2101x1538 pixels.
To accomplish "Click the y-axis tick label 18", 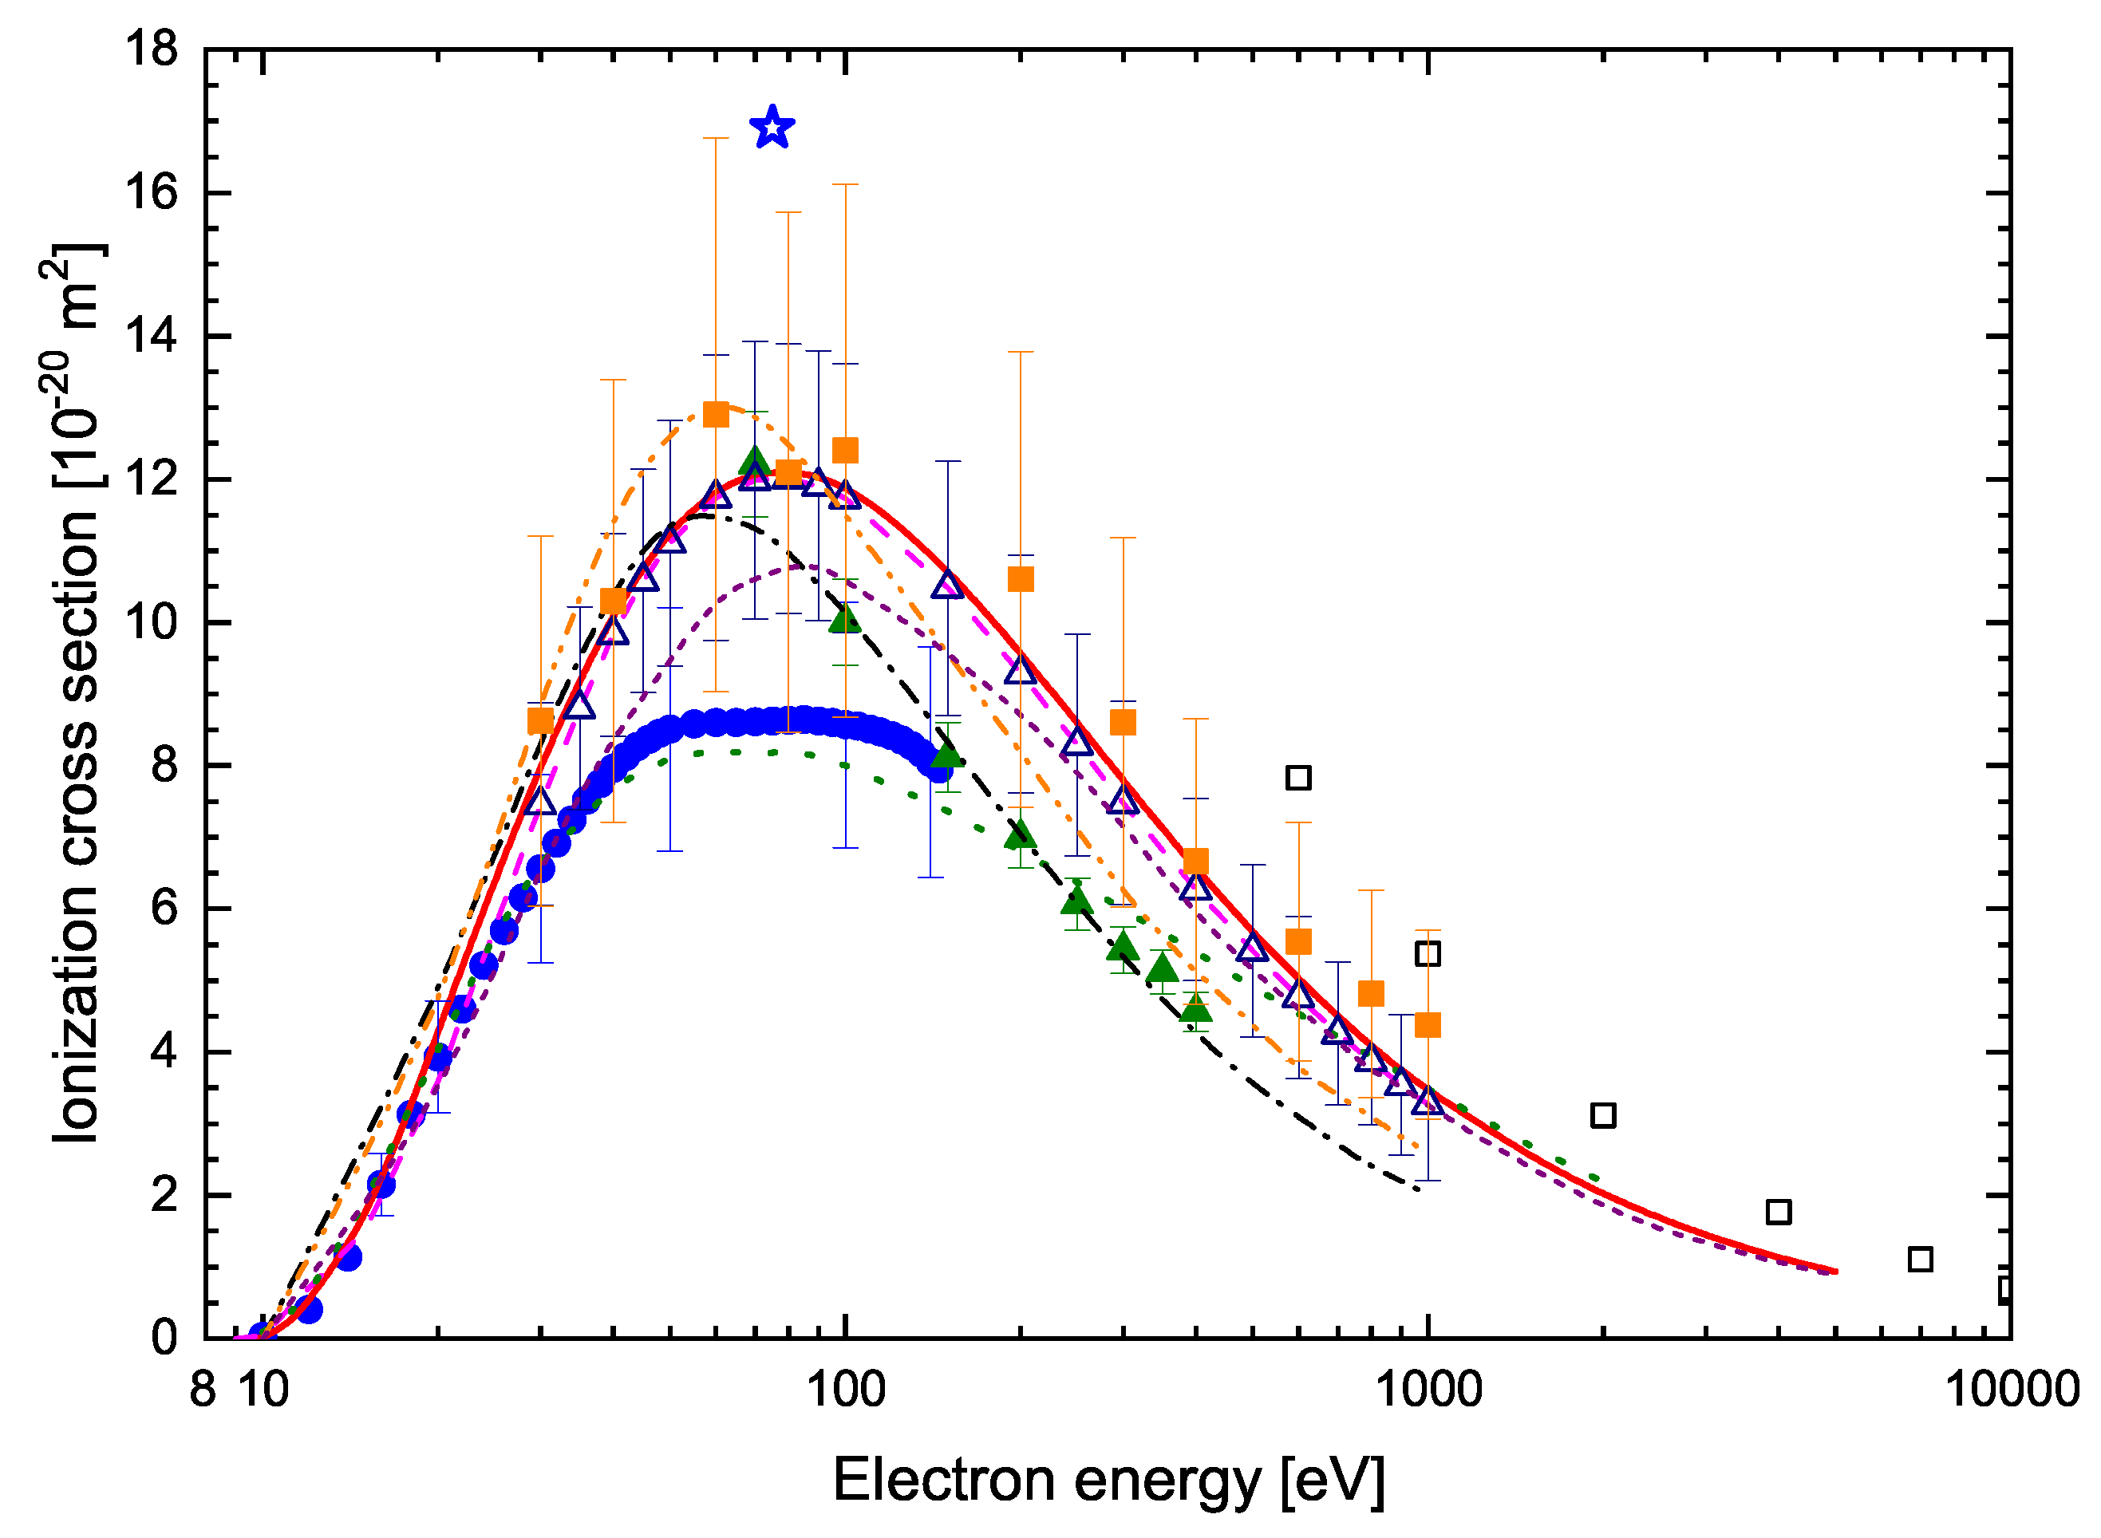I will coord(152,49).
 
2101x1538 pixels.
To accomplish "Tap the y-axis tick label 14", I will coord(152,336).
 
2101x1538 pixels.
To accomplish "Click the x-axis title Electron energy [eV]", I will coord(1108,1481).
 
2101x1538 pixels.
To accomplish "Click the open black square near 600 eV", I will coord(1298,778).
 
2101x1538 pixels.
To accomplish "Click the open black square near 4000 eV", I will coord(1779,1213).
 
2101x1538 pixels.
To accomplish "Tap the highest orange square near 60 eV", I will coord(715,414).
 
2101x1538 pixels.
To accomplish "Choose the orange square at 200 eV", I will coord(1021,580).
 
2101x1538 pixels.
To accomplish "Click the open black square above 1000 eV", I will coord(1428,953).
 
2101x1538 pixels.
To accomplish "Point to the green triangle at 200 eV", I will coord(1021,834).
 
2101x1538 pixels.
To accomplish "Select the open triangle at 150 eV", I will coord(948,585).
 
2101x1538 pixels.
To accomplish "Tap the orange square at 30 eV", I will coord(540,720).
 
